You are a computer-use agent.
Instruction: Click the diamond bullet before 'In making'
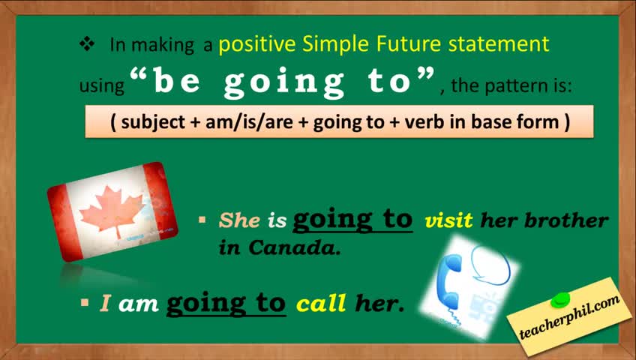(x=87, y=43)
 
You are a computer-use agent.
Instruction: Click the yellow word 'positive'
(x=257, y=44)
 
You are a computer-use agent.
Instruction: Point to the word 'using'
(x=102, y=86)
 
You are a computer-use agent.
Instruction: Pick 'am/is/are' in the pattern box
(x=249, y=121)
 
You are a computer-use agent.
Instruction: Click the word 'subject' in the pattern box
(x=153, y=122)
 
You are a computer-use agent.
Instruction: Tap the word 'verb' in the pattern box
(x=424, y=121)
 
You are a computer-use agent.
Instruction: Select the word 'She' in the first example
(x=239, y=220)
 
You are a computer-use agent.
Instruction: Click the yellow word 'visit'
(x=448, y=220)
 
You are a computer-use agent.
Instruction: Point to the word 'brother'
(x=567, y=220)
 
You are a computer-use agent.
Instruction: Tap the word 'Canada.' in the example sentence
(x=295, y=247)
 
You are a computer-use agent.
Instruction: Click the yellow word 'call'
(x=321, y=303)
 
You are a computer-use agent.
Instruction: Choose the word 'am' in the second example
(x=138, y=304)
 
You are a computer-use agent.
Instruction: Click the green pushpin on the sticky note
(x=560, y=300)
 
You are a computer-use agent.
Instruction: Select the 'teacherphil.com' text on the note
(x=569, y=316)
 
